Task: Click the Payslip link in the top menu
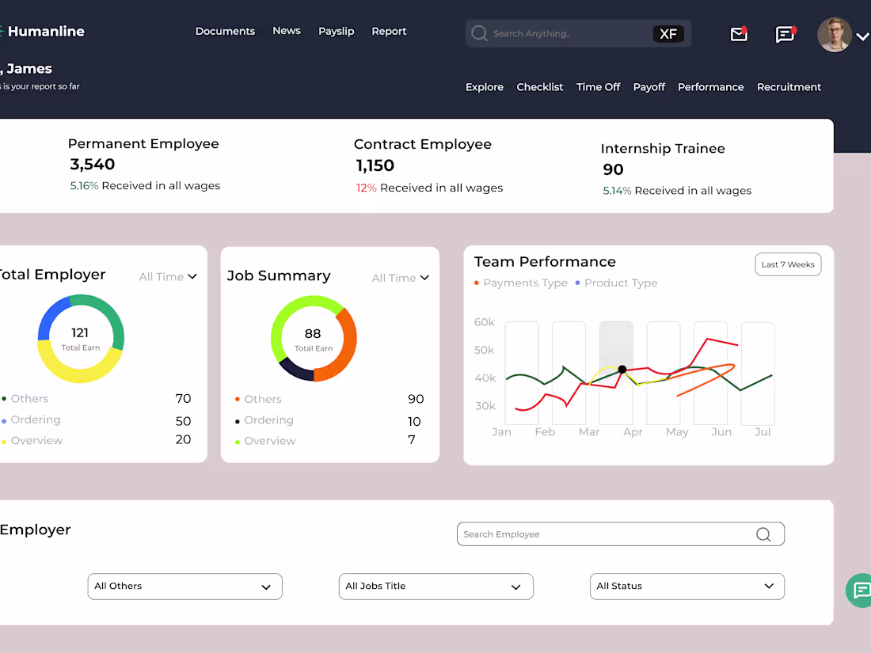point(336,32)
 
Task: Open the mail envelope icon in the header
point(739,34)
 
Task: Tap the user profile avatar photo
point(835,34)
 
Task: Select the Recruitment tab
point(789,87)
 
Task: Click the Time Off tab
point(599,87)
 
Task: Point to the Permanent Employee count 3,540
point(92,165)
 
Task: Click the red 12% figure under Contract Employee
point(366,188)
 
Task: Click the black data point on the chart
point(622,370)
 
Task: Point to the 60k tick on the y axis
point(485,322)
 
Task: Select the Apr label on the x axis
point(633,432)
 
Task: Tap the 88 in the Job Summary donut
point(313,334)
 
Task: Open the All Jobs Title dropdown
point(436,587)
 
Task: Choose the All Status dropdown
point(687,587)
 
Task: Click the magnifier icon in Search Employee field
point(764,534)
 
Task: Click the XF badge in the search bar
point(668,34)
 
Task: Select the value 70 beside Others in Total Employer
point(184,399)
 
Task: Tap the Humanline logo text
point(46,32)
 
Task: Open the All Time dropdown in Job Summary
point(401,278)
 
